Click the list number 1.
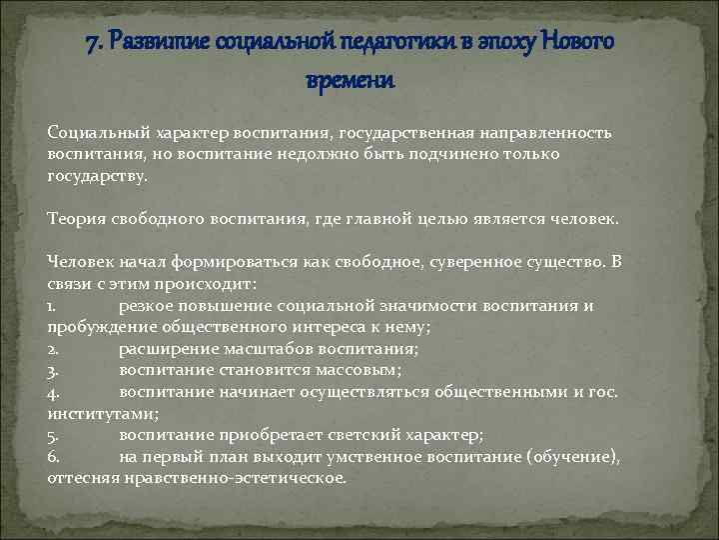pos(50,306)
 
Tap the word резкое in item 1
pos(144,306)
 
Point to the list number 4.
pos(52,392)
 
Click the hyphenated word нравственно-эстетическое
pos(234,478)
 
